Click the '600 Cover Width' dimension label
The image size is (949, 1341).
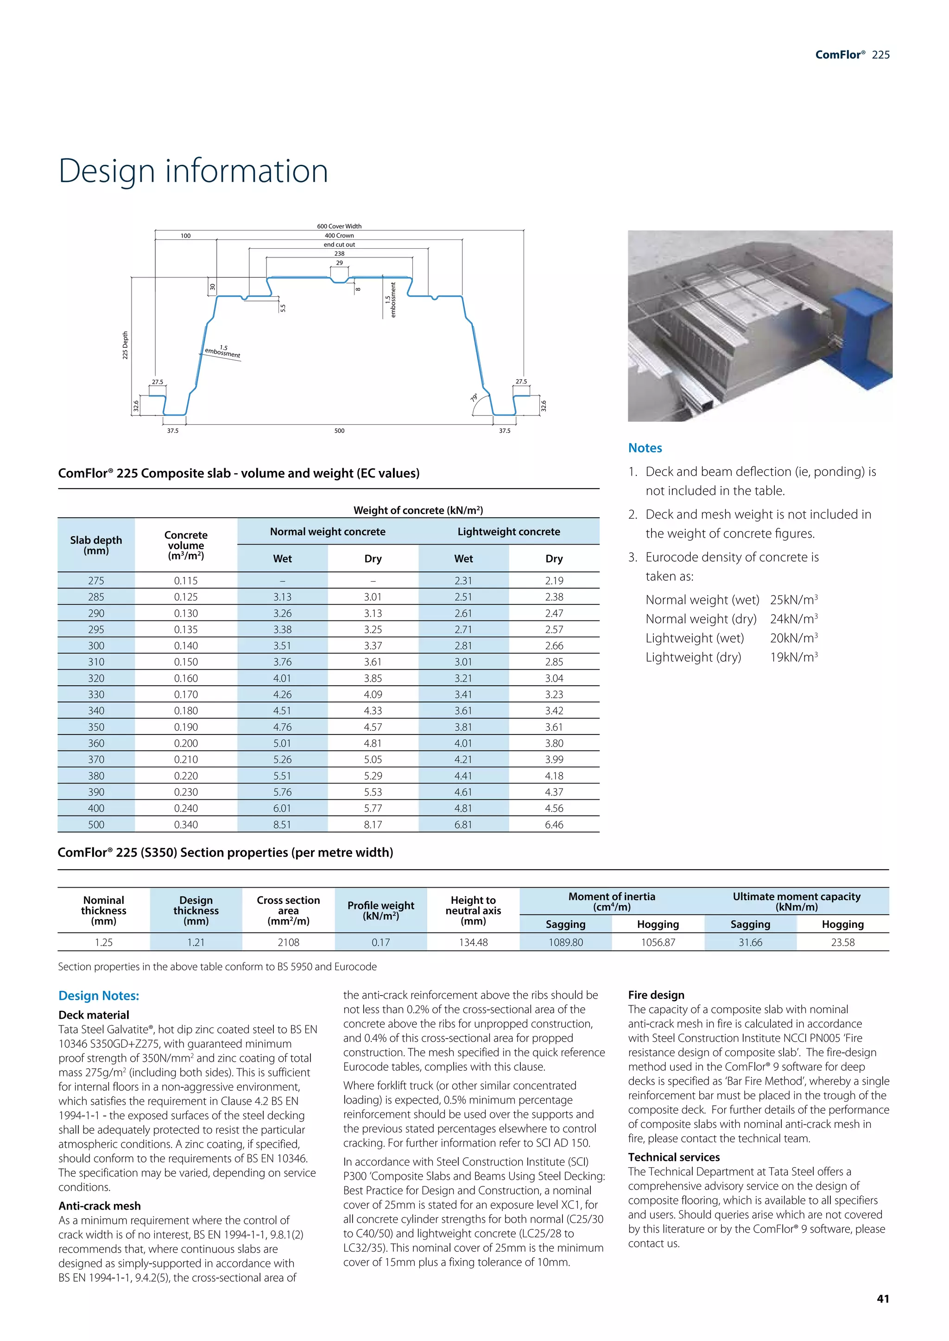click(x=339, y=226)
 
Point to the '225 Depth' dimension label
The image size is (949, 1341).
click(x=125, y=345)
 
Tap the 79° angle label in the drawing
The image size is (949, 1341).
click(x=474, y=397)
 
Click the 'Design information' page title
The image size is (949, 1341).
click(x=193, y=171)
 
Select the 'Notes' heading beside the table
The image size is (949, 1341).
click(x=645, y=448)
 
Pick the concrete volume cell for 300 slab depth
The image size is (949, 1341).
click(x=186, y=646)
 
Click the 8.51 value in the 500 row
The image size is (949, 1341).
click(x=282, y=825)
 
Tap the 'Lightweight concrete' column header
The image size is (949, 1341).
click(x=508, y=532)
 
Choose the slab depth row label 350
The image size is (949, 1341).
click(x=96, y=727)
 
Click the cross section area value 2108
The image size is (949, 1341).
click(x=288, y=942)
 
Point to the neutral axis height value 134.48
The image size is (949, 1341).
click(x=473, y=942)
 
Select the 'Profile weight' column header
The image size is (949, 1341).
click(x=381, y=910)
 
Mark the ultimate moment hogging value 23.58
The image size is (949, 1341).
click(x=842, y=942)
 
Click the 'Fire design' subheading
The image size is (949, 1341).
click(x=656, y=995)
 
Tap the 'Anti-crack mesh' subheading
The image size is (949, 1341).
click(x=99, y=1205)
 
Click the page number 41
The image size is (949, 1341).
click(x=883, y=1298)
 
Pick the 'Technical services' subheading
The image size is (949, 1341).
click(x=674, y=1157)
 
